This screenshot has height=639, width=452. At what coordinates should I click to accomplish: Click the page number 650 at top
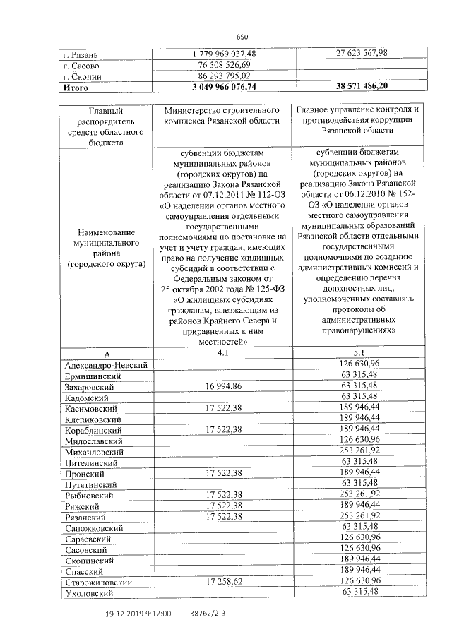[242, 37]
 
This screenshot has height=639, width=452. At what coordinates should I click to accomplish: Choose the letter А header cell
[107, 354]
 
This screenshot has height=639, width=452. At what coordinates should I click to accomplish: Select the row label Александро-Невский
[105, 365]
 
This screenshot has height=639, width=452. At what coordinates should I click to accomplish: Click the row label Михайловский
[94, 452]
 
